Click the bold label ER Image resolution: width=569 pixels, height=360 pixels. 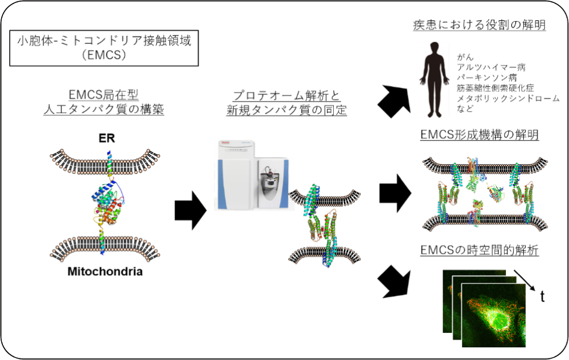click(x=106, y=138)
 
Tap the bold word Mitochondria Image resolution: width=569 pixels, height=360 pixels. click(x=105, y=272)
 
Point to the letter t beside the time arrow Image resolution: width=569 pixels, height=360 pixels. click(x=542, y=296)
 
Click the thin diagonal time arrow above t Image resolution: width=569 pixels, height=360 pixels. click(x=524, y=280)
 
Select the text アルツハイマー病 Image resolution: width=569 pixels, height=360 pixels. click(x=491, y=67)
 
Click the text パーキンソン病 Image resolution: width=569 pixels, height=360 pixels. click(x=487, y=78)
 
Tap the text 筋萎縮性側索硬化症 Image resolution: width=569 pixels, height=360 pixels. click(x=496, y=88)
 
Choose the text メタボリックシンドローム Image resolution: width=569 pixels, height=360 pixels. click(x=508, y=98)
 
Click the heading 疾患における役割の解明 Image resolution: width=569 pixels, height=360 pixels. click(x=479, y=25)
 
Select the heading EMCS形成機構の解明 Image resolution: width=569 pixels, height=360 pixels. click(x=479, y=135)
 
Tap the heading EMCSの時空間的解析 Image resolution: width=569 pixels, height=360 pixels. click(x=479, y=250)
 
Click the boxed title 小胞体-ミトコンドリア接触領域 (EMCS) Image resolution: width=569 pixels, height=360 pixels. click(x=104, y=48)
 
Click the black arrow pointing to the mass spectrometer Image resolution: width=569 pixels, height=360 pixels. click(x=191, y=210)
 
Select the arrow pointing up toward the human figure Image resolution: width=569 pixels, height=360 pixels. click(x=395, y=102)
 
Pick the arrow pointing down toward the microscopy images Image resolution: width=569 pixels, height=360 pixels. click(x=394, y=282)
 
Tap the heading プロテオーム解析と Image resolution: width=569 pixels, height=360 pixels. click(x=287, y=96)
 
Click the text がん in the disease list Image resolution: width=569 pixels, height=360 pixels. click(x=465, y=57)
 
